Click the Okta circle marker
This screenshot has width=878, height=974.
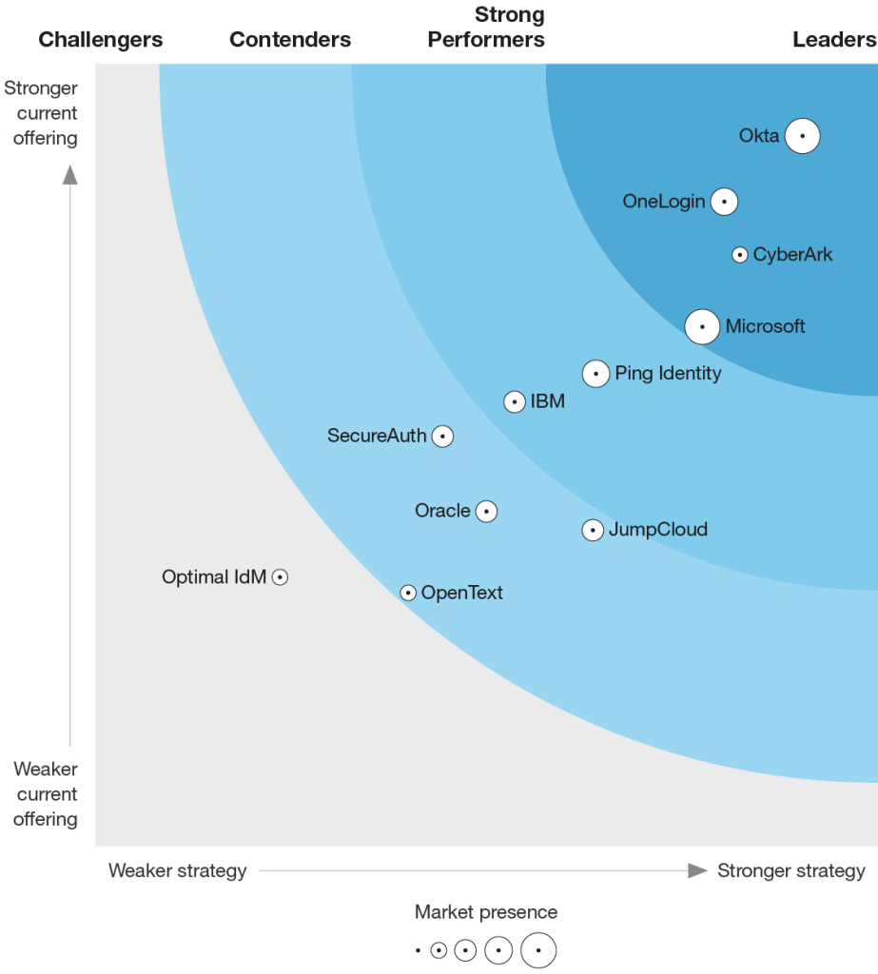pos(803,136)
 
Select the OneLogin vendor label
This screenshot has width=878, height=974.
pos(664,202)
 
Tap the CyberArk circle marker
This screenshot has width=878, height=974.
pos(739,255)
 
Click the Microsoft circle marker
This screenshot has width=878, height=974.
pos(702,326)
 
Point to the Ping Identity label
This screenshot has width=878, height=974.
pos(668,373)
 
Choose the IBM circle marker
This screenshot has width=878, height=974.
pos(515,402)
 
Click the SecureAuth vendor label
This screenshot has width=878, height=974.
pos(377,436)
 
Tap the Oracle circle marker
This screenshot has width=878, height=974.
pos(486,512)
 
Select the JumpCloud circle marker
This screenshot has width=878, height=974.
pos(593,530)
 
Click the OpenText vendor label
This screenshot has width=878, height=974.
pos(461,593)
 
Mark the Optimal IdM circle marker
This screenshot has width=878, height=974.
pos(280,576)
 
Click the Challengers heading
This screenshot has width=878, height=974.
pos(101,40)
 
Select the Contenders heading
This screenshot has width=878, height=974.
pos(290,40)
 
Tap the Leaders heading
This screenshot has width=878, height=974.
pos(834,40)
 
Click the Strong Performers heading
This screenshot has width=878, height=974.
pos(486,28)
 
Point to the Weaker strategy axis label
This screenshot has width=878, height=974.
pos(178,870)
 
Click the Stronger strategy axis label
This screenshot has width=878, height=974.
pos(791,870)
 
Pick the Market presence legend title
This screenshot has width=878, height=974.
pos(486,912)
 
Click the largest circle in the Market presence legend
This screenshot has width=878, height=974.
pos(538,949)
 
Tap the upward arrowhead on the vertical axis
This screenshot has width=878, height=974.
pos(70,174)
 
